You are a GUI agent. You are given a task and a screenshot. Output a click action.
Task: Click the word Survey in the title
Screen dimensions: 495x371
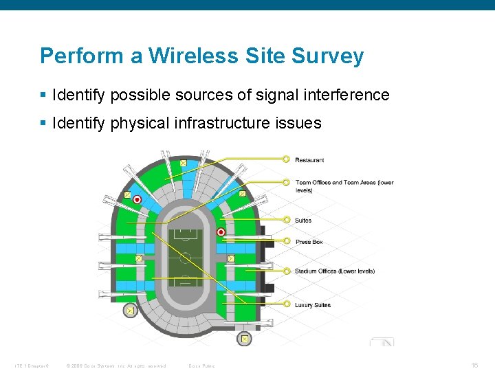point(331,56)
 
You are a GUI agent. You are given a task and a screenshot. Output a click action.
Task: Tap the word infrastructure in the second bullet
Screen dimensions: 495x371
point(223,123)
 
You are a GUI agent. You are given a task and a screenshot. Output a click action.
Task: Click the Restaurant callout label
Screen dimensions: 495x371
point(309,160)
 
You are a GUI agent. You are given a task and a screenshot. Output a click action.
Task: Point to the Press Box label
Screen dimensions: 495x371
point(309,242)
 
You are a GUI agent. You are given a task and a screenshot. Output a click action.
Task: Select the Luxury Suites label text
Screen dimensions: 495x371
point(313,305)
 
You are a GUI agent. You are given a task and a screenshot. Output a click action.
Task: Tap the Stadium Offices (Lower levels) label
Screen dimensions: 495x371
point(335,271)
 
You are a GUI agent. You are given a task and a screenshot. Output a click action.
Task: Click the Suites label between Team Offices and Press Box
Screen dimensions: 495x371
point(303,221)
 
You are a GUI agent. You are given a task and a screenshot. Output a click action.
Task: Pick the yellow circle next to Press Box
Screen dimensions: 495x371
point(286,241)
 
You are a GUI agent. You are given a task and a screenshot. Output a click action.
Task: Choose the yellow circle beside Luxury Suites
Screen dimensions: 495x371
point(286,304)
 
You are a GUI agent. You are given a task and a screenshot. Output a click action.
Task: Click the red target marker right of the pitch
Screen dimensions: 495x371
point(221,232)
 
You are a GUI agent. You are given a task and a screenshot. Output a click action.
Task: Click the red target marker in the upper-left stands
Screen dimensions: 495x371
point(137,199)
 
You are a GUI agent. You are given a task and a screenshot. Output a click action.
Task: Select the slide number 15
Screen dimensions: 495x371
point(475,365)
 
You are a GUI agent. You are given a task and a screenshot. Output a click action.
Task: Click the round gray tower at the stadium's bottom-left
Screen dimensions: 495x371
point(129,311)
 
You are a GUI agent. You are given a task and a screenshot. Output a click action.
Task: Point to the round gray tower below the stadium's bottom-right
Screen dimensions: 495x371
point(244,339)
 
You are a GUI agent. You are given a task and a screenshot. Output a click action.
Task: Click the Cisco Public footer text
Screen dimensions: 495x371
point(201,366)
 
